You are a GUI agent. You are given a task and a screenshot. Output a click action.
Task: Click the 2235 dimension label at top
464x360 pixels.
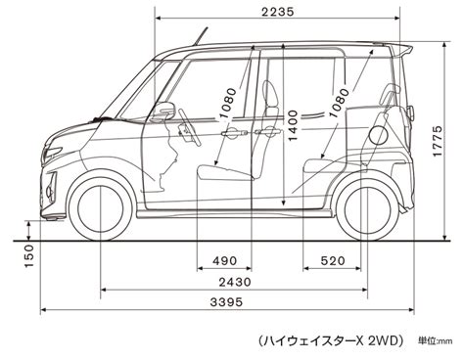pyautogui.click(x=278, y=12)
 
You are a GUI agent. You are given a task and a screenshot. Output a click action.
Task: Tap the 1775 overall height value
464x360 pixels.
pyautogui.click(x=438, y=141)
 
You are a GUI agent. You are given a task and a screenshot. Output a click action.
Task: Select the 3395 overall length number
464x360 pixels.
pyautogui.click(x=226, y=302)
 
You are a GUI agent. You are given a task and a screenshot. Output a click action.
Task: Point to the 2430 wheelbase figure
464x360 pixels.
pyautogui.click(x=235, y=282)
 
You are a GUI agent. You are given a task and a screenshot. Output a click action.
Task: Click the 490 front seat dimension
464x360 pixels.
pyautogui.click(x=225, y=260)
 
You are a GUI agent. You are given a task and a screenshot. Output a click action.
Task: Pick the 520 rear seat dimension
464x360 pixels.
pyautogui.click(x=333, y=260)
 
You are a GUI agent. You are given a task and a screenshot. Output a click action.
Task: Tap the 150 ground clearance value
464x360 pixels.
pyautogui.click(x=29, y=256)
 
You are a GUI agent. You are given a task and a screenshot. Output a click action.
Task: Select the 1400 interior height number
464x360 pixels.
pyautogui.click(x=293, y=125)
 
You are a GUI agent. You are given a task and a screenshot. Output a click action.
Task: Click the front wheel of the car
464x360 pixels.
pyautogui.click(x=101, y=208)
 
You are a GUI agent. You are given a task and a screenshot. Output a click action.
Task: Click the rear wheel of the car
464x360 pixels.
pyautogui.click(x=367, y=208)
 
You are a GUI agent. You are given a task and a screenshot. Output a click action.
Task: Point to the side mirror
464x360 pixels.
pyautogui.click(x=164, y=110)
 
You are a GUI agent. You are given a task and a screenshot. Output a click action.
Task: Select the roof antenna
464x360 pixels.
pyautogui.click(x=201, y=36)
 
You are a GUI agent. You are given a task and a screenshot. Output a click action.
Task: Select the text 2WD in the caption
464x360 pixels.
pyautogui.click(x=384, y=340)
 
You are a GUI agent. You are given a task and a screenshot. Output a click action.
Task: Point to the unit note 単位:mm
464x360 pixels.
pyautogui.click(x=436, y=341)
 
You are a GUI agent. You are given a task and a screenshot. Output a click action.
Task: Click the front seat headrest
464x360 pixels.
pyautogui.click(x=270, y=94)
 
